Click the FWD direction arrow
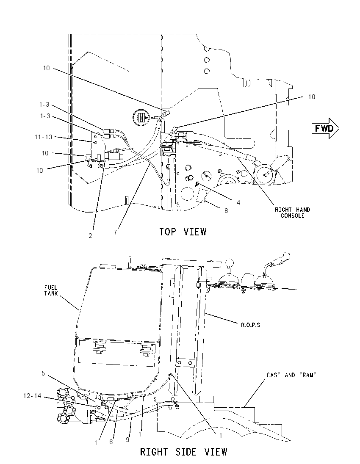click(x=325, y=128)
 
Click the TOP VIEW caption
click(x=183, y=232)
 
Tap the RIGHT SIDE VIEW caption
click(x=183, y=452)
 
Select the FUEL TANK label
click(x=51, y=290)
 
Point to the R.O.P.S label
click(x=250, y=325)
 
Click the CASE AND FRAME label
click(x=291, y=375)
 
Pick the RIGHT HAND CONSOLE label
click(x=293, y=213)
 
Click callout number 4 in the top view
click(x=238, y=203)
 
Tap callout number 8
click(x=226, y=211)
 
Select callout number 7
click(x=115, y=232)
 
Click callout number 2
click(x=90, y=235)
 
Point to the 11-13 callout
click(x=43, y=137)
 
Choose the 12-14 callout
click(x=32, y=395)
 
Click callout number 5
click(x=43, y=373)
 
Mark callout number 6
click(x=111, y=442)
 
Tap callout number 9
click(x=127, y=440)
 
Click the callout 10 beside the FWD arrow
click(x=312, y=97)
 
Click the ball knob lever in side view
click(x=229, y=263)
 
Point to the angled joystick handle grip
click(x=279, y=259)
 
